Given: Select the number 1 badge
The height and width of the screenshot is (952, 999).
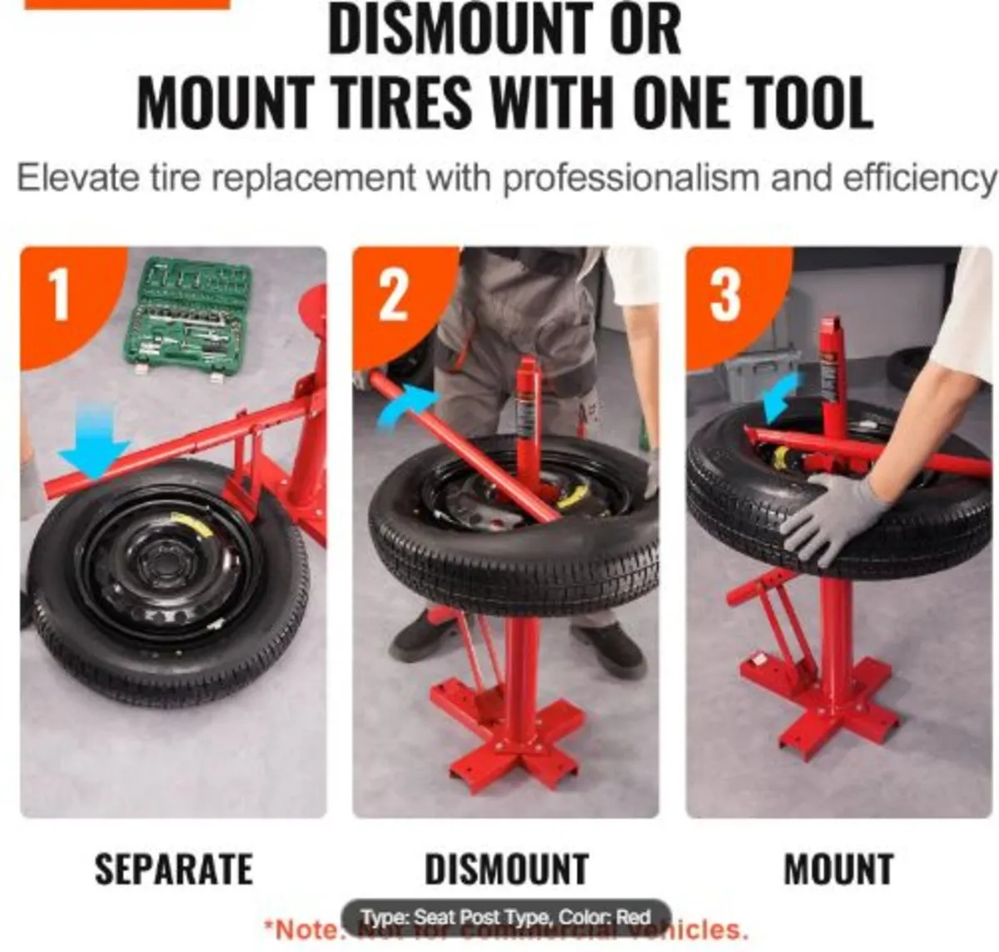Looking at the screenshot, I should [60, 295].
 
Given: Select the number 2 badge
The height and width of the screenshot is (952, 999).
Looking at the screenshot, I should [393, 295].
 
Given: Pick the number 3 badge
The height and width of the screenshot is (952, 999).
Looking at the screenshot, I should [725, 295].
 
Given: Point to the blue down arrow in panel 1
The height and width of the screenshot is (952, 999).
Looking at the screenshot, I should [92, 451].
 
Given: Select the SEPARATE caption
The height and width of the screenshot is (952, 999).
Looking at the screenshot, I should [173, 870].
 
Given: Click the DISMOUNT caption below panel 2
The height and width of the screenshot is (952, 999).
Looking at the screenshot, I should [506, 870].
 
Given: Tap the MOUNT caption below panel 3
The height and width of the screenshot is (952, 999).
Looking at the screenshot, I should [838, 870].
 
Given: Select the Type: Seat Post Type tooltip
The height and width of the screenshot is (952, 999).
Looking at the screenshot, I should [505, 917].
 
